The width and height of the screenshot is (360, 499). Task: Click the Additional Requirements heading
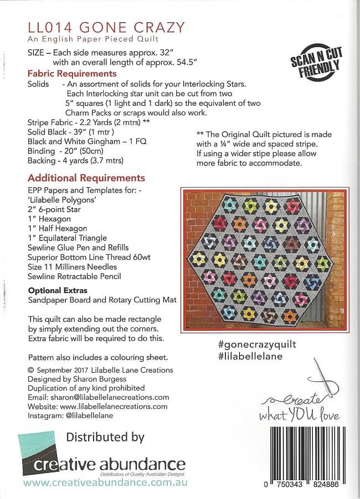coord(86,178)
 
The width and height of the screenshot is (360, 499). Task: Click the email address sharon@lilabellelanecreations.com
coord(110,397)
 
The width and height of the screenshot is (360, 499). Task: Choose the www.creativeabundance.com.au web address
coord(106,483)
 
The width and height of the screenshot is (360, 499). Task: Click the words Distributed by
coord(105,437)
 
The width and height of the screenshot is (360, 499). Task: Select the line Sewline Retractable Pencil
coord(74,276)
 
